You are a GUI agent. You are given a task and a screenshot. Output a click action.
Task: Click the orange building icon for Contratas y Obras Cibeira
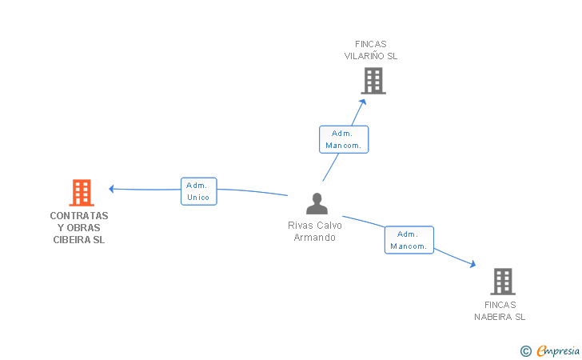(x=82, y=193)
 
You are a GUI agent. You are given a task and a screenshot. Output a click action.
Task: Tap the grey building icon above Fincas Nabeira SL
(x=503, y=282)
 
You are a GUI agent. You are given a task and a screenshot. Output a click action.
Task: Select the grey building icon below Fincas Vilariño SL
(x=373, y=81)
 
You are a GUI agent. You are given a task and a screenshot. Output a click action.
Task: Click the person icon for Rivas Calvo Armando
(x=317, y=203)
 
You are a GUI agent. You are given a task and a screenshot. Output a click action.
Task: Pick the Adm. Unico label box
(x=198, y=191)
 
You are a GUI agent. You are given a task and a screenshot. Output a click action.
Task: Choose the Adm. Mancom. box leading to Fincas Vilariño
(x=344, y=139)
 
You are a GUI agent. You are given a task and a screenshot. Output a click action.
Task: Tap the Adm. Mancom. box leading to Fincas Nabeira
(x=409, y=240)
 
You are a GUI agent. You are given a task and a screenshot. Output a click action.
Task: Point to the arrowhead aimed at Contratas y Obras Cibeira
(x=111, y=189)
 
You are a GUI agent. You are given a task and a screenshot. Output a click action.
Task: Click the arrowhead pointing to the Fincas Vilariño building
(x=363, y=102)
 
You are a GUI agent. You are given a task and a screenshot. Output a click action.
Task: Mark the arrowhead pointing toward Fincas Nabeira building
(x=472, y=264)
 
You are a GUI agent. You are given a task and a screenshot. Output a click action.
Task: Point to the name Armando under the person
(x=315, y=238)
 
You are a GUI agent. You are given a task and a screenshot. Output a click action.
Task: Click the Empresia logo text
(x=558, y=350)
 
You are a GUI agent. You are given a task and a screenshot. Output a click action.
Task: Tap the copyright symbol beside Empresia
(x=525, y=351)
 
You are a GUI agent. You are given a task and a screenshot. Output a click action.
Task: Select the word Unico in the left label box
(x=198, y=198)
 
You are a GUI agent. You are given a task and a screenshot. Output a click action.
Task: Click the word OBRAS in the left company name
(x=83, y=228)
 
